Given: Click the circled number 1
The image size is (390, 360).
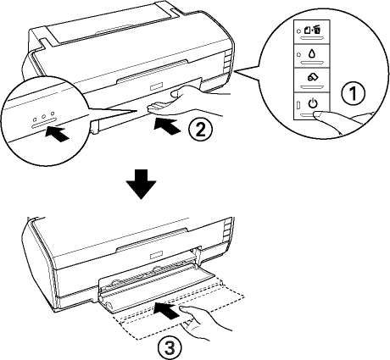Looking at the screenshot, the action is point(354,93).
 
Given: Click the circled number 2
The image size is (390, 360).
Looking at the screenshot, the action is point(200,130).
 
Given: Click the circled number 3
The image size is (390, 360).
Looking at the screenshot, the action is point(170,347).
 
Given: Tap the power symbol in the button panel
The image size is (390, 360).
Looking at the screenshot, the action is point(313,103).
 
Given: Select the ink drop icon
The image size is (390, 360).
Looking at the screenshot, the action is point(312,54).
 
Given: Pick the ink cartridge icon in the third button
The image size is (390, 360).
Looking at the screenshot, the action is point(312,77).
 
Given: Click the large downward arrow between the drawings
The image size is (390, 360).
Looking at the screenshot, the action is point(141,185).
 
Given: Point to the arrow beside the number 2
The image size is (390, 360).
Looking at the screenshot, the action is point(167,127).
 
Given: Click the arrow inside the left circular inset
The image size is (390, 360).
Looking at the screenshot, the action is point(57,135).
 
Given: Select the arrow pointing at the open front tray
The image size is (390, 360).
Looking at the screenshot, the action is point(167,311).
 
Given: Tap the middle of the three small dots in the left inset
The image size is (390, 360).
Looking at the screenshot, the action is point(43,116).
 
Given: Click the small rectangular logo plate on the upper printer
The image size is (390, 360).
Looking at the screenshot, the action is point(156,86).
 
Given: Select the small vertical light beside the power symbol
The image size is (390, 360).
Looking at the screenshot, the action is point(298,106).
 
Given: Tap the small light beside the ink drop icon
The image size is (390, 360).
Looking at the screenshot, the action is point(298,54).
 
